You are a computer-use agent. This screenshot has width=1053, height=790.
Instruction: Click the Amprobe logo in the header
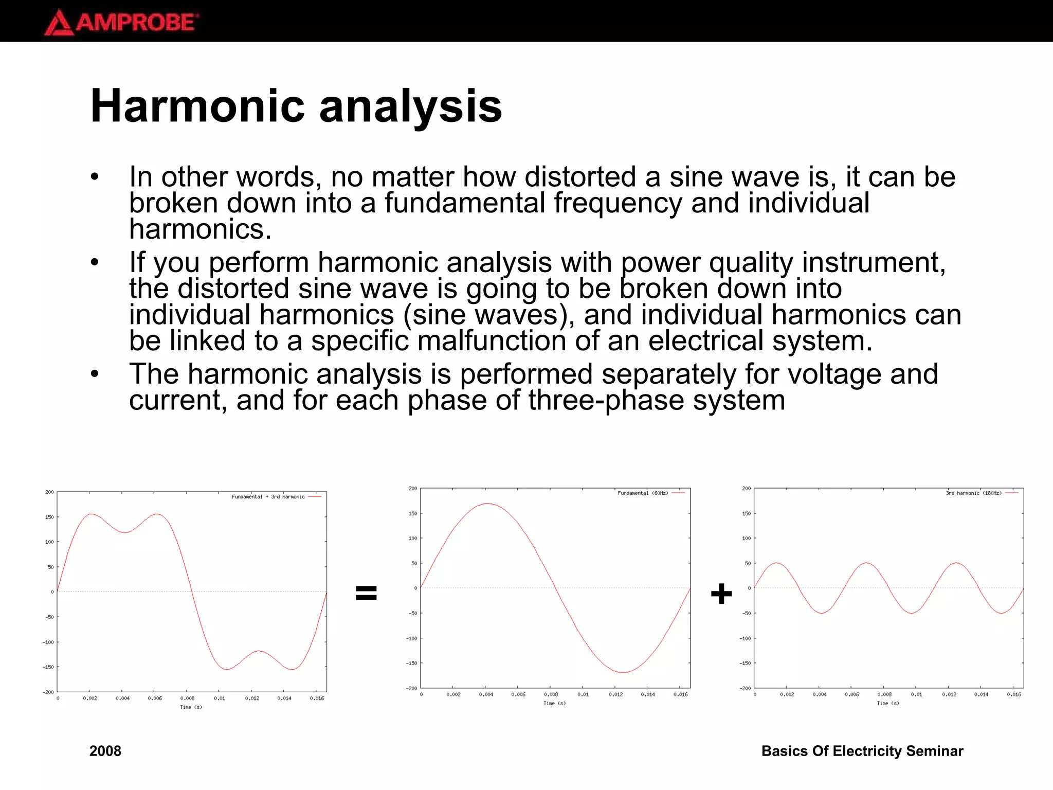point(121,22)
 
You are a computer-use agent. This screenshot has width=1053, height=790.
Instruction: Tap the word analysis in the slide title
point(410,106)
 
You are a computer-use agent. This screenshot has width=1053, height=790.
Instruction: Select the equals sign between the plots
point(366,593)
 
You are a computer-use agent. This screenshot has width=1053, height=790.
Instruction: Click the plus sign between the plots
point(721,594)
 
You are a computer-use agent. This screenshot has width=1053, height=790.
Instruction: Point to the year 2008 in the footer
point(105,751)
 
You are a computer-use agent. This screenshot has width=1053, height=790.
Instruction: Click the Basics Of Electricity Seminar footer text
point(862,751)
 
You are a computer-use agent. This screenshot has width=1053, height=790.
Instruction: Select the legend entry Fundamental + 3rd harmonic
point(268,497)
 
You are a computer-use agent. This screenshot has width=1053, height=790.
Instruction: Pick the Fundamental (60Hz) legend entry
point(643,493)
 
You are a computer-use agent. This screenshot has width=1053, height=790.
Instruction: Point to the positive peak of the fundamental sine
point(487,504)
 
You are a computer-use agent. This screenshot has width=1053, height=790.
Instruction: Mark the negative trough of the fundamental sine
point(623,672)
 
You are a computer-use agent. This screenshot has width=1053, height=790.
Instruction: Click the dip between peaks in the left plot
point(124,532)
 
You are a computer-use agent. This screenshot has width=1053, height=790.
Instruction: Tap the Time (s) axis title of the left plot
point(191,707)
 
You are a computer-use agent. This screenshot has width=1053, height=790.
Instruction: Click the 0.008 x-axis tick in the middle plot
point(551,694)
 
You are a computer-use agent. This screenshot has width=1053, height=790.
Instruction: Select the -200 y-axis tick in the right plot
point(745,688)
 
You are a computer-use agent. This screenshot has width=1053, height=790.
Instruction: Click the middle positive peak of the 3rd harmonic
point(867,563)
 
